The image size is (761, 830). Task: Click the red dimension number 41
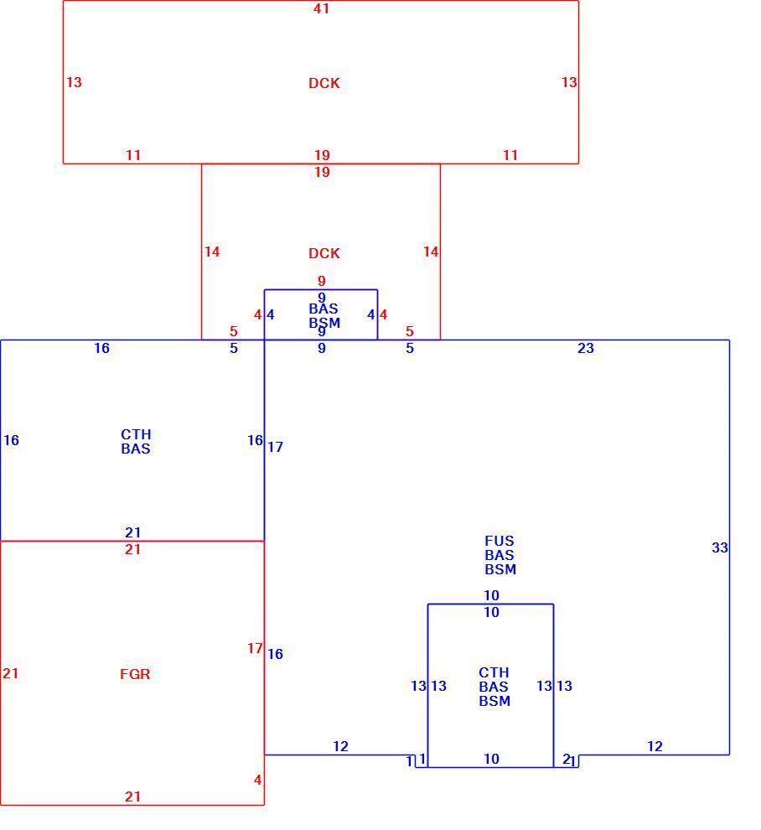click(x=321, y=8)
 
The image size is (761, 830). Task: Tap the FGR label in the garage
click(x=135, y=674)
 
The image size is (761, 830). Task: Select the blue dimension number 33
click(x=720, y=547)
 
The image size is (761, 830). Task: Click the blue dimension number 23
click(x=586, y=348)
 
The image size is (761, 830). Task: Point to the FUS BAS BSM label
click(x=500, y=555)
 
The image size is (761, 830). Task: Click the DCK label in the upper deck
click(x=324, y=83)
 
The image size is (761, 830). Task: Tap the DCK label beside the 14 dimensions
click(x=324, y=253)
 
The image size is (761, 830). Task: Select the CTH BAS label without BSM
click(x=136, y=442)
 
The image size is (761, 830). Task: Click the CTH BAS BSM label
click(x=494, y=687)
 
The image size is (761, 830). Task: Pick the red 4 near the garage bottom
click(x=258, y=780)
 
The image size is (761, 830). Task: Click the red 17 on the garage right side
click(x=255, y=648)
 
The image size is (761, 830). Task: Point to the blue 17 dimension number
click(x=275, y=447)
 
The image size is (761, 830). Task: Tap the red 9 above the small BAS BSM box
click(x=322, y=281)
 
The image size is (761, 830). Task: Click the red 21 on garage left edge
click(x=11, y=673)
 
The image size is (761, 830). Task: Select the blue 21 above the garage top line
click(x=132, y=532)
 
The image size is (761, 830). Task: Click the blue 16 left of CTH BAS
click(x=11, y=440)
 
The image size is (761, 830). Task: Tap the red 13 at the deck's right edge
click(x=569, y=82)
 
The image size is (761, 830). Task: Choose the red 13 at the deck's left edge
click(x=74, y=82)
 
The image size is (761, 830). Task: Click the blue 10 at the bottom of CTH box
click(x=492, y=759)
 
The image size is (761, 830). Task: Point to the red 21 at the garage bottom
click(x=132, y=796)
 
